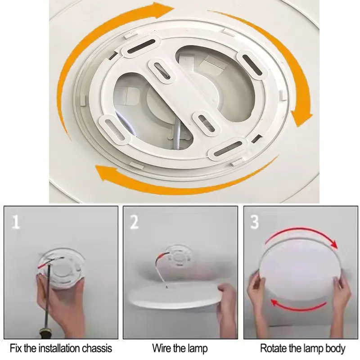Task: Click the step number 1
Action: [x=16, y=222]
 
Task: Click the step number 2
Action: [x=134, y=222]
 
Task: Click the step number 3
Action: [x=254, y=222]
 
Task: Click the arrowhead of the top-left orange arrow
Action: [x=163, y=10]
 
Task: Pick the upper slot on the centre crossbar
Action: [x=162, y=71]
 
